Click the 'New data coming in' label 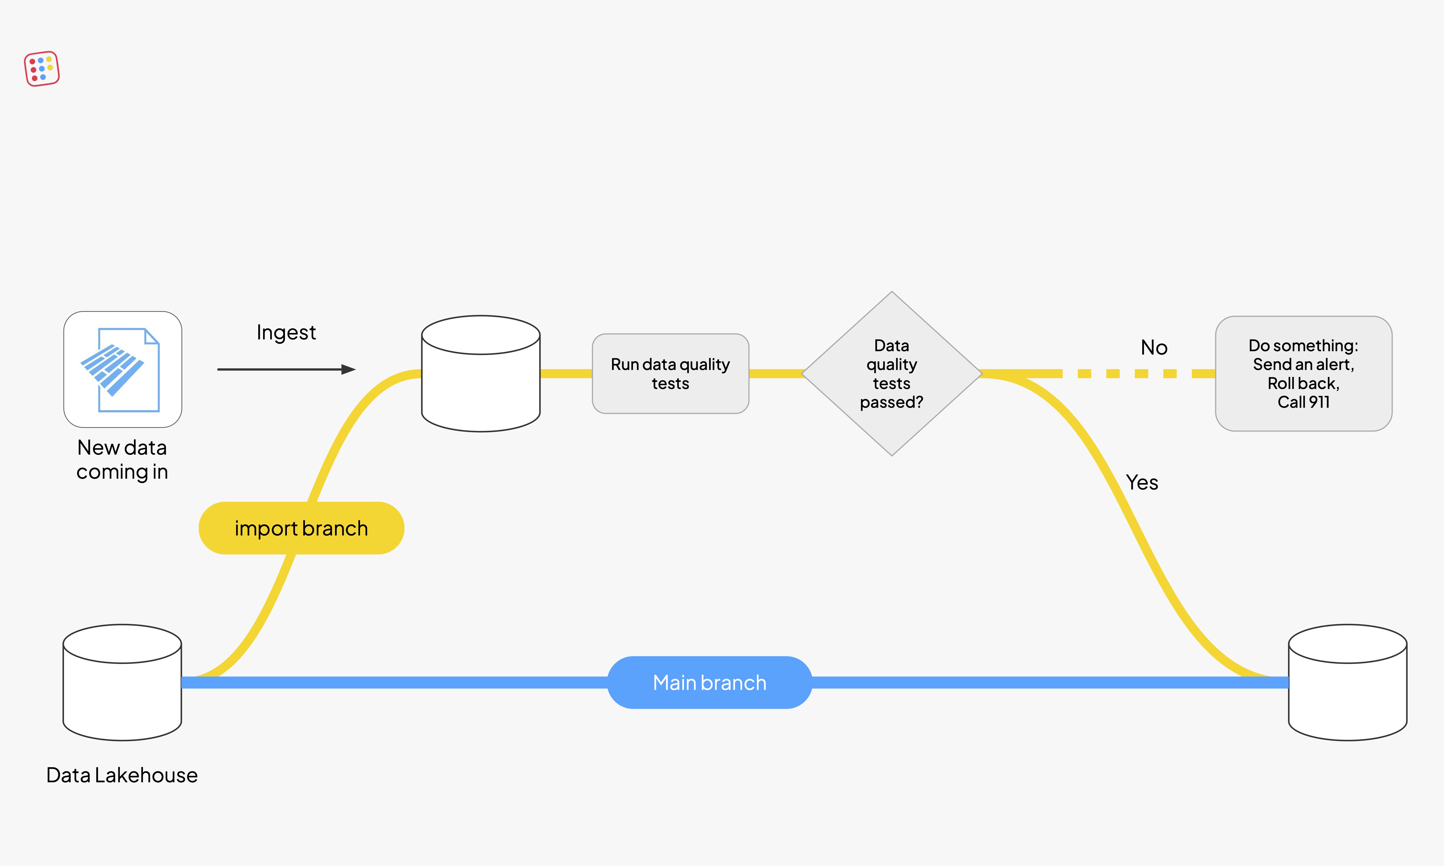122,460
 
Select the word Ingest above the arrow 286,333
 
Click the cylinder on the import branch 480,374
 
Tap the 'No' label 1154,348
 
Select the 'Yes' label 1142,483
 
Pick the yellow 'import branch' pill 301,528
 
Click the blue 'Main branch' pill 709,683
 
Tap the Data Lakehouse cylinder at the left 122,683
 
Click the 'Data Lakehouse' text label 122,775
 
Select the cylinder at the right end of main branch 1347,683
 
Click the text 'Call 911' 1303,402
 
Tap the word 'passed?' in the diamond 891,402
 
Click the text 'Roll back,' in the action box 1303,383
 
